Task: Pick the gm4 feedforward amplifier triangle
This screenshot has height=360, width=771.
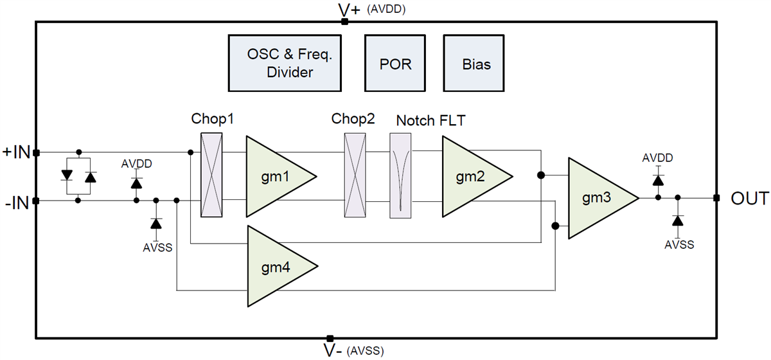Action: (274, 265)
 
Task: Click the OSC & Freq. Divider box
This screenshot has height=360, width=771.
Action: (285, 63)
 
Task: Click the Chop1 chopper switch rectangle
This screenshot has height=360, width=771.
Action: (211, 175)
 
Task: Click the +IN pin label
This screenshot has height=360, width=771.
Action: (15, 152)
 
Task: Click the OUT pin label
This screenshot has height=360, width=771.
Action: (749, 199)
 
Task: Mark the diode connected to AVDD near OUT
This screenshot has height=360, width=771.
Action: (658, 178)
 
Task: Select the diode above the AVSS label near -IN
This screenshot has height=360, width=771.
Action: (155, 223)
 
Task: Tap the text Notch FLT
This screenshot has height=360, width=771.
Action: (430, 120)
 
